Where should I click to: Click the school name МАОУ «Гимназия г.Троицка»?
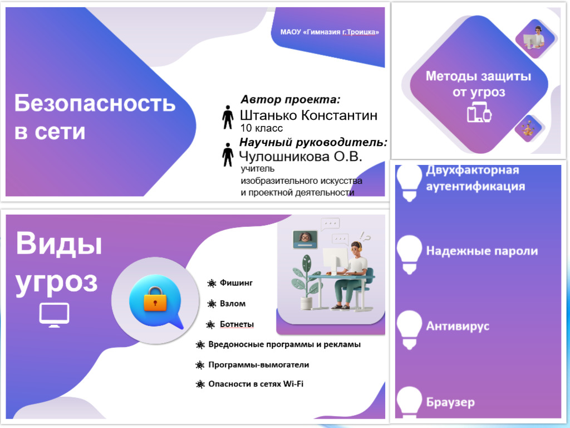(x=330, y=32)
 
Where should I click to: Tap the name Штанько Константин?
(x=308, y=115)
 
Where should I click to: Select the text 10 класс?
(x=262, y=128)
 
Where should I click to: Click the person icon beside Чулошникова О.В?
(x=227, y=154)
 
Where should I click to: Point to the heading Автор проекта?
(x=290, y=100)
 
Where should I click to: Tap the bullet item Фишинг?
(x=236, y=283)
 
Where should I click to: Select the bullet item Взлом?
(x=232, y=304)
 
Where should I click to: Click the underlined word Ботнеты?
(x=237, y=324)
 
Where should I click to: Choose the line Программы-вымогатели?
(x=258, y=364)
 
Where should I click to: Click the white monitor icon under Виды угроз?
(x=54, y=315)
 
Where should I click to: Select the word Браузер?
(x=450, y=402)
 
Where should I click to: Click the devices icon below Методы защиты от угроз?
(x=479, y=113)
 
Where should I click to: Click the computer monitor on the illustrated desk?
(x=336, y=259)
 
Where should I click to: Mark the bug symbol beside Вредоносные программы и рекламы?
(x=200, y=345)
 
